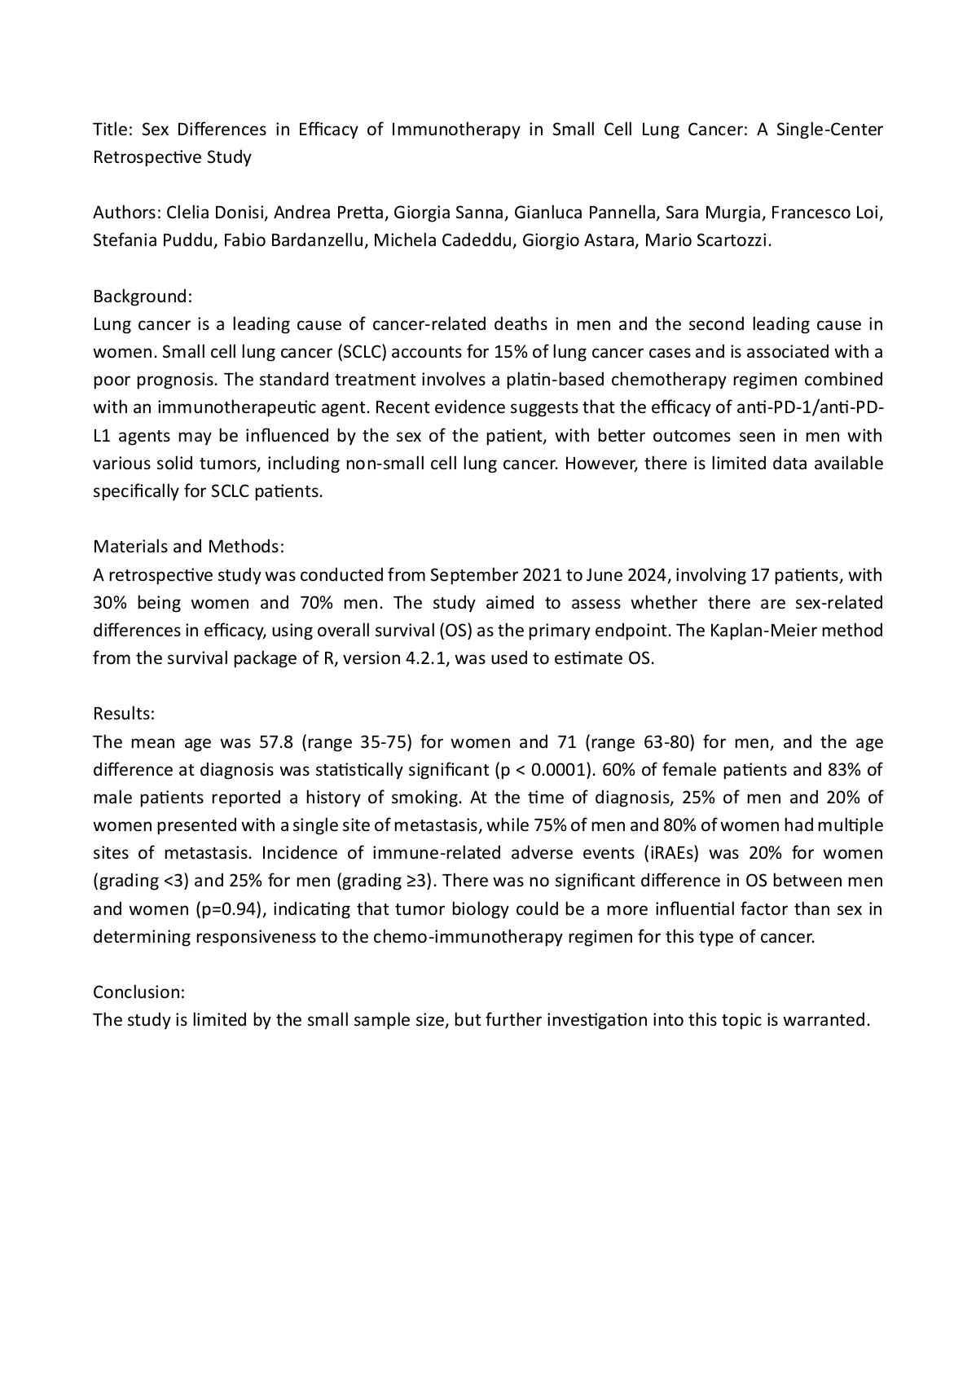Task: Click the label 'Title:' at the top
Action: click(x=111, y=130)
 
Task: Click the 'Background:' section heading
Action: click(x=143, y=296)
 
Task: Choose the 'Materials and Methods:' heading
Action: click(x=188, y=546)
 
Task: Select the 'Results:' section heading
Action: click(x=124, y=714)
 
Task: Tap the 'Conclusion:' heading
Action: click(x=139, y=992)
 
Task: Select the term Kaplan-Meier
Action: click(x=786, y=631)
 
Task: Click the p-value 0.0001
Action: click(x=558, y=770)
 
